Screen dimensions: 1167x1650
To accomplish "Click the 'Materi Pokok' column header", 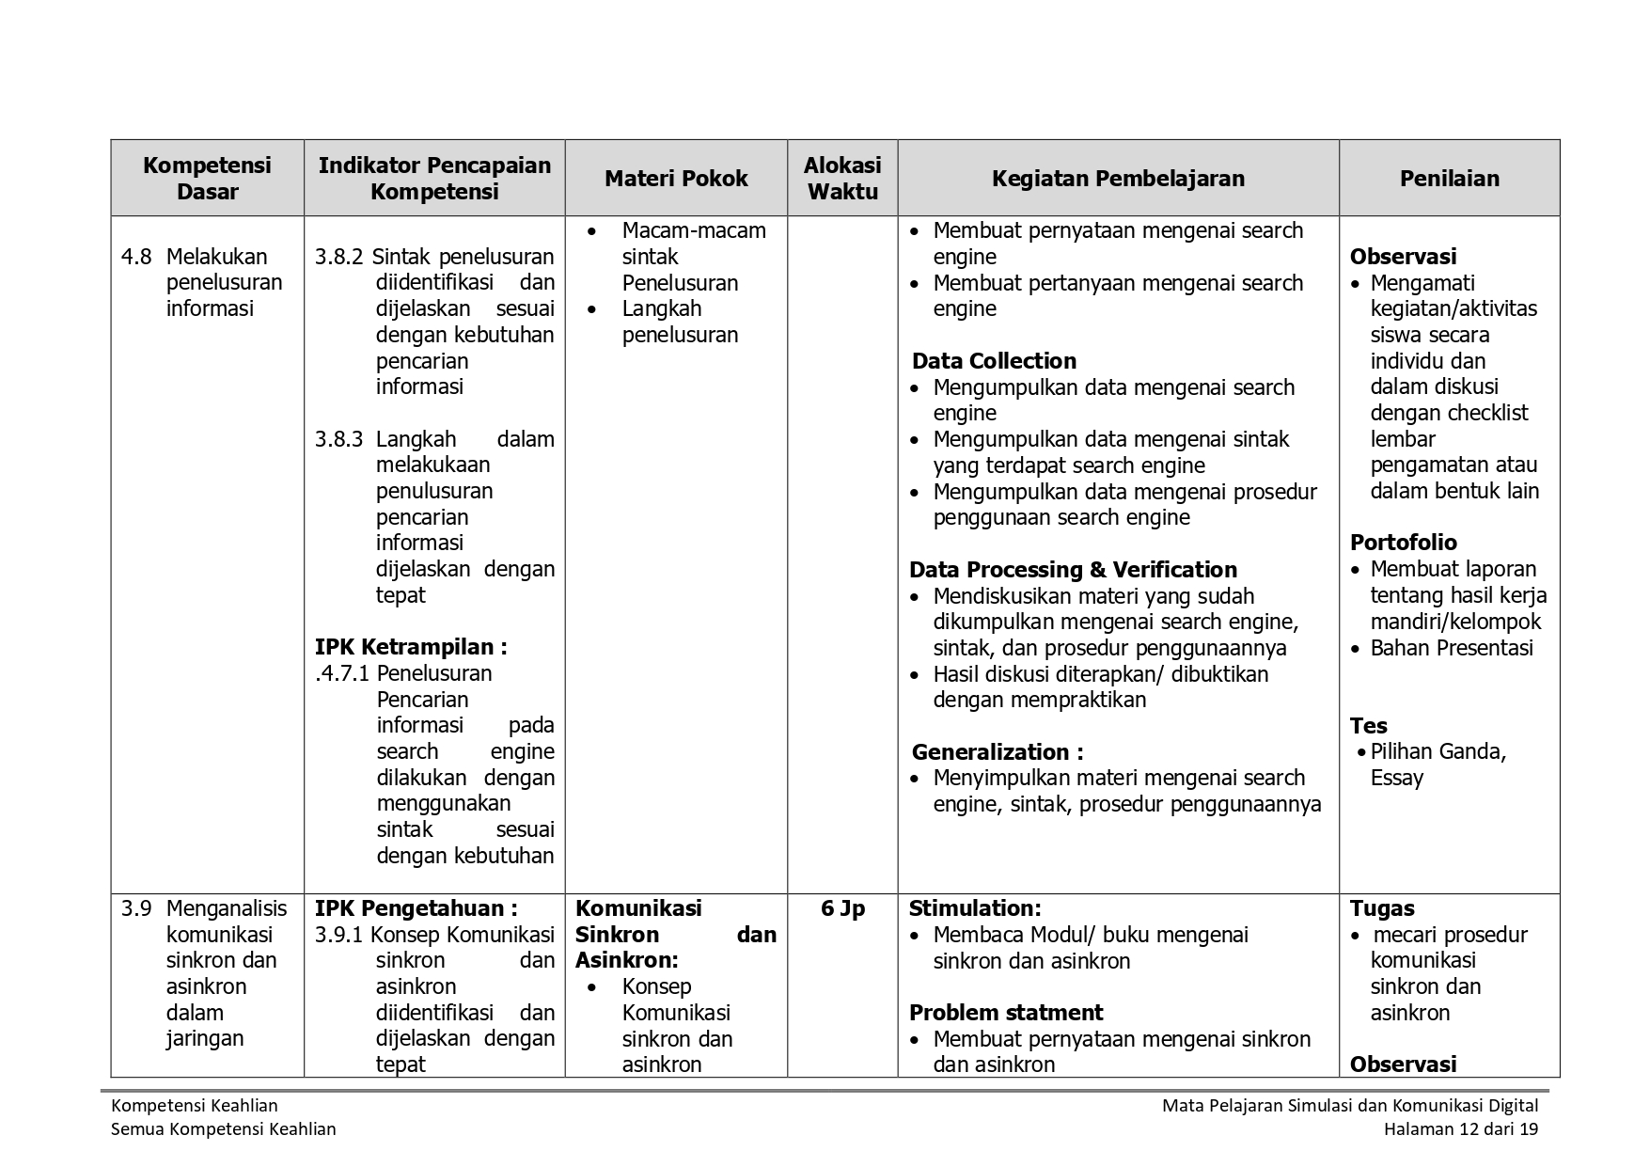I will click(x=676, y=179).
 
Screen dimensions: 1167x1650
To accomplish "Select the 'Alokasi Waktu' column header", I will click(x=842, y=179).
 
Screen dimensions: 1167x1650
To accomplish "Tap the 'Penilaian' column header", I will click(x=1449, y=179).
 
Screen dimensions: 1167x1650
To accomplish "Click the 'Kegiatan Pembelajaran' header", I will click(x=1118, y=179).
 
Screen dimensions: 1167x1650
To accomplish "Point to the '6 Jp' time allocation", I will click(x=842, y=908).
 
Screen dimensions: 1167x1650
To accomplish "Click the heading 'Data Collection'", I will click(x=994, y=361).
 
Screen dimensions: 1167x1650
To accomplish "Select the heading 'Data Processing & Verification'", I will click(x=1073, y=570).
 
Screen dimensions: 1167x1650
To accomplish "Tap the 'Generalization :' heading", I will click(x=998, y=752).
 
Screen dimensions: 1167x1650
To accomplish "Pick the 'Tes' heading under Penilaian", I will click(x=1368, y=726).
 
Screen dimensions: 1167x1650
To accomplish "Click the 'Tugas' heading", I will click(x=1382, y=908).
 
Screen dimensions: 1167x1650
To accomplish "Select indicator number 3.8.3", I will click(x=339, y=439).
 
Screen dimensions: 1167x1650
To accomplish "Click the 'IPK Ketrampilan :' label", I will click(x=411, y=647).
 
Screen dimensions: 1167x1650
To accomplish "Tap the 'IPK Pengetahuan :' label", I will click(x=416, y=908).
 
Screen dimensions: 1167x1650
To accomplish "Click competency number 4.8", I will click(x=136, y=257).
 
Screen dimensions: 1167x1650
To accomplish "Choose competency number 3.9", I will click(x=136, y=908).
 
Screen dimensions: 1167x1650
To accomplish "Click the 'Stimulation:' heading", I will click(x=975, y=908).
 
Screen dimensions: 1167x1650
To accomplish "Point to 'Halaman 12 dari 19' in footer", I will click(x=1460, y=1129).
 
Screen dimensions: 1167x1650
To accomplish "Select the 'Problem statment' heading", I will click(x=1005, y=1013).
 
